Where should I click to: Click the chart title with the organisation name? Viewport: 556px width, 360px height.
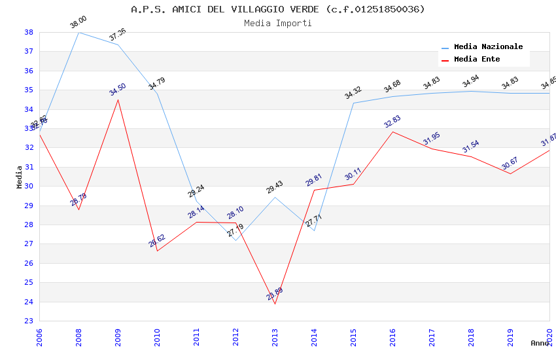click(277, 9)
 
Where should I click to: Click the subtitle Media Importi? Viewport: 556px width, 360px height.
click(277, 23)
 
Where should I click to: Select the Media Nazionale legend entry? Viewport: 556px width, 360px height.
click(488, 46)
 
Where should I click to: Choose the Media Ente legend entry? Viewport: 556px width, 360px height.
click(476, 59)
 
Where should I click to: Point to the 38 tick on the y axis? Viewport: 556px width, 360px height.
click(29, 32)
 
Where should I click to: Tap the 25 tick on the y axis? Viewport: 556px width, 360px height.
click(29, 283)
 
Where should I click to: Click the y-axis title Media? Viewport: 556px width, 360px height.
click(20, 177)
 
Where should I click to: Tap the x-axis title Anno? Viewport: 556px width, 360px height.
click(540, 343)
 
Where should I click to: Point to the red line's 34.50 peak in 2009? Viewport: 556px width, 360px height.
click(118, 99)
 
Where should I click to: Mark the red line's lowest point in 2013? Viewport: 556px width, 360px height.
click(275, 304)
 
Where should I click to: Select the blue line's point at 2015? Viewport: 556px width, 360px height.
click(353, 103)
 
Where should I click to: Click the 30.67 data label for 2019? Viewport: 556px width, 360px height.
click(510, 163)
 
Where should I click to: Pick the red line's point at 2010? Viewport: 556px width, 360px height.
click(157, 251)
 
